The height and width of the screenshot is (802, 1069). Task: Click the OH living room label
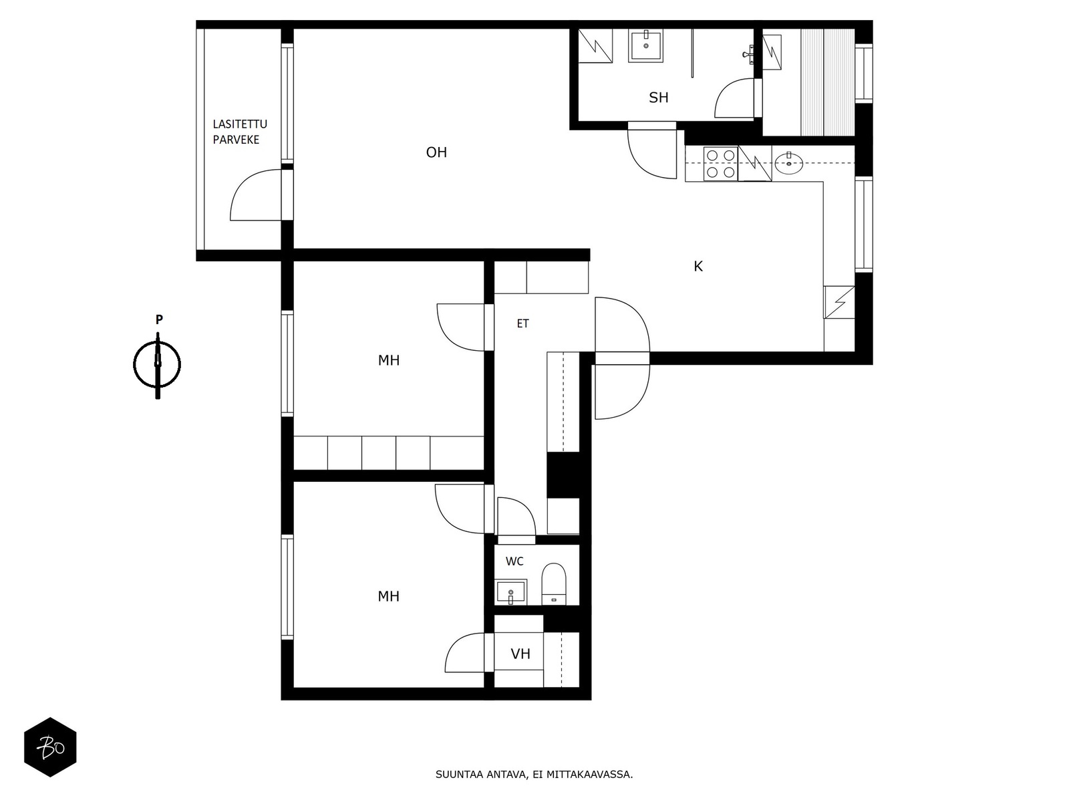(x=436, y=152)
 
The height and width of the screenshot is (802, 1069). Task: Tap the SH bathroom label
(x=659, y=98)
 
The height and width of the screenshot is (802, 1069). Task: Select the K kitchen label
(x=698, y=267)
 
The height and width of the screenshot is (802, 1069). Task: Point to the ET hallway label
(x=522, y=323)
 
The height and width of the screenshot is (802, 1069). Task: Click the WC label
(x=514, y=561)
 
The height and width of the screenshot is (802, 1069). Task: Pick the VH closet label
(x=520, y=654)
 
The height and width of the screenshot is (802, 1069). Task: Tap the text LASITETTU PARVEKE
(x=240, y=132)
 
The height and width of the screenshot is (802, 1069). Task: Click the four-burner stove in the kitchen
(x=720, y=164)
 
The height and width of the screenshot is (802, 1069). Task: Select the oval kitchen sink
(x=788, y=163)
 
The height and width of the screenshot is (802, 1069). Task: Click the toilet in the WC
(x=554, y=584)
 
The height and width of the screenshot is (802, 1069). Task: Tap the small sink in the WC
(x=510, y=591)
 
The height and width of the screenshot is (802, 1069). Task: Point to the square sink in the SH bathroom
(x=646, y=45)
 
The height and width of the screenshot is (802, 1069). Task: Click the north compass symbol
(x=157, y=365)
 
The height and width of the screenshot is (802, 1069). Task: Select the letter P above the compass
(x=159, y=319)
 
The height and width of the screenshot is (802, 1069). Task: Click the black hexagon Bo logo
(x=50, y=747)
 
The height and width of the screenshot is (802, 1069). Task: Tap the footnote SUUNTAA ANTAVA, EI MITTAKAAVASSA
(x=534, y=774)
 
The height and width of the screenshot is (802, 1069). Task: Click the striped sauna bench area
(x=827, y=82)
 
